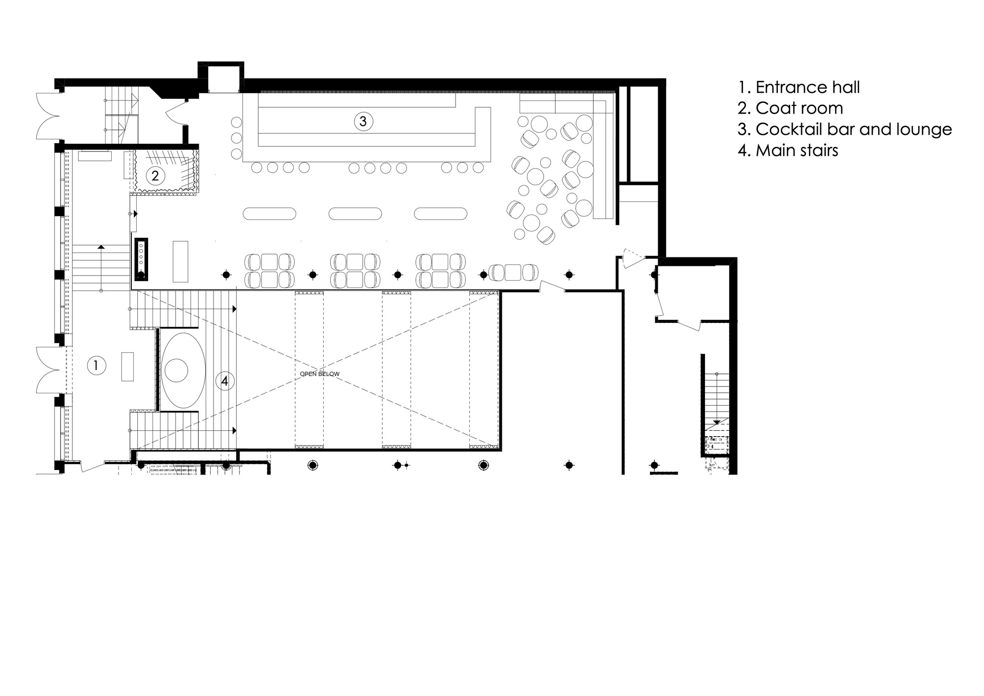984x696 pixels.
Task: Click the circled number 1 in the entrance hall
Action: point(96,365)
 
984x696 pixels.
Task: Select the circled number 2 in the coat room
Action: point(155,175)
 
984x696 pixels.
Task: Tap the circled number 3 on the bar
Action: point(363,121)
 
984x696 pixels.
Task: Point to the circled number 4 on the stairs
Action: point(224,380)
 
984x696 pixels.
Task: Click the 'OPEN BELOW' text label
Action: point(320,374)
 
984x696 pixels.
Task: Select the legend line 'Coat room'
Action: point(790,108)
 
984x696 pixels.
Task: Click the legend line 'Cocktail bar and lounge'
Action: point(845,129)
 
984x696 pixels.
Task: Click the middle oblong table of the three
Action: point(355,214)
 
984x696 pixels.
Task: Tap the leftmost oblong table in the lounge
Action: point(270,214)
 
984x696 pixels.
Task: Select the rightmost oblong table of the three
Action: point(440,214)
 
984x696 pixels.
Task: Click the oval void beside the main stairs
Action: point(183,370)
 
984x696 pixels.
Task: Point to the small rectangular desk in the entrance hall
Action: point(128,366)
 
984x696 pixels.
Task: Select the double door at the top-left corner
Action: point(48,116)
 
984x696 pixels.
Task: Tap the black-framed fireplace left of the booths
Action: point(141,259)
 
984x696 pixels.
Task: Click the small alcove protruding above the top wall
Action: point(221,78)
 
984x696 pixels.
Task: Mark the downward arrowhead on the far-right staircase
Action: point(717,422)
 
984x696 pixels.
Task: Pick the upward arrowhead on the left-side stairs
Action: point(101,247)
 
